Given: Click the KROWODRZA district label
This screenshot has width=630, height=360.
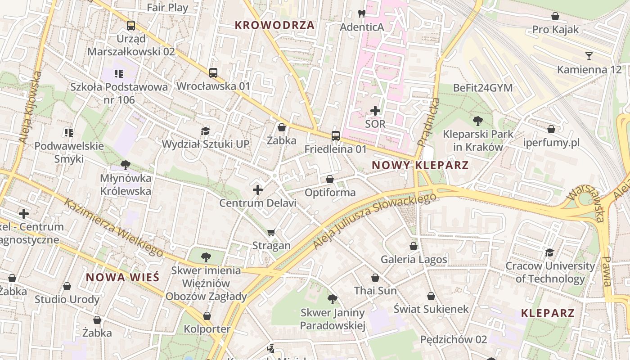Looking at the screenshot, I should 274,25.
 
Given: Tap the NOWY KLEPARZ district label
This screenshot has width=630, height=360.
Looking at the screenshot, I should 420,165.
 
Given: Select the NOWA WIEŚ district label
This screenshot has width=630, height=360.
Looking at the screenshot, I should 122,277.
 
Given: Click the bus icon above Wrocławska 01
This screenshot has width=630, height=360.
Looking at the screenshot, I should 213,72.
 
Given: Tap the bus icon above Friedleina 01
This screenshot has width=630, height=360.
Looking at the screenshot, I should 335,135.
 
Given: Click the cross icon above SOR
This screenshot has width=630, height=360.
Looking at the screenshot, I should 375,110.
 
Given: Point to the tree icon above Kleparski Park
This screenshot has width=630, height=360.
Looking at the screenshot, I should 477,121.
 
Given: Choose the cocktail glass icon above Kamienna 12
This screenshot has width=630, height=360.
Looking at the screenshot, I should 589,56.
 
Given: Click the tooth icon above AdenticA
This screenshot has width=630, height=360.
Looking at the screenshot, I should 361,14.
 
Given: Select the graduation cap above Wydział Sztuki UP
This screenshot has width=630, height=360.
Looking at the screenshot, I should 205,131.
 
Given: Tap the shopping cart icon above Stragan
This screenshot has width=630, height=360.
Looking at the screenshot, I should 271,232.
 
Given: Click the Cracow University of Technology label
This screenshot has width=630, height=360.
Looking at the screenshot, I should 550,272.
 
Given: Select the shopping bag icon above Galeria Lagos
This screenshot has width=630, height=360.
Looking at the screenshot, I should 414,246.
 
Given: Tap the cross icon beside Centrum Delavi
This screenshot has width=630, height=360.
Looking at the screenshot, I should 258,190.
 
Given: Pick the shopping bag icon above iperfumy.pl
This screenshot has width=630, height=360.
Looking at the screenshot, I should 551,129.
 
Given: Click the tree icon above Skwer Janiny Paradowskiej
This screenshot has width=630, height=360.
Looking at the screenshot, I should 332,299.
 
